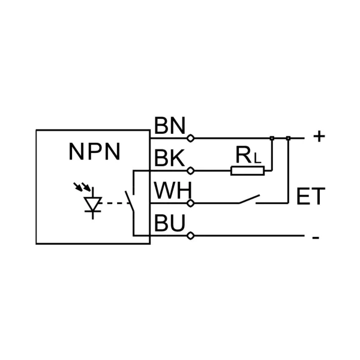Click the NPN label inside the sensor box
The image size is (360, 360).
click(94, 152)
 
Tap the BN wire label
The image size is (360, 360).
click(169, 127)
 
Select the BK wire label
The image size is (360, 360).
click(169, 158)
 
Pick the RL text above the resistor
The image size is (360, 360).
click(247, 156)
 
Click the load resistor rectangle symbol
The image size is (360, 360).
click(247, 171)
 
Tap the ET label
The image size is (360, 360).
click(311, 197)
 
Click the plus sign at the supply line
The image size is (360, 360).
click(319, 137)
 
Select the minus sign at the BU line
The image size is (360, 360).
click(316, 237)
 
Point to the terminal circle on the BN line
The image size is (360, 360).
click(191, 138)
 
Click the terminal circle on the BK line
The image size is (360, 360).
click(191, 171)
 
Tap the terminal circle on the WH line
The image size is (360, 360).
click(191, 203)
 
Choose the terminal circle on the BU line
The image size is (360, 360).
click(191, 236)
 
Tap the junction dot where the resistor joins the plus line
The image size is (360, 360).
click(272, 139)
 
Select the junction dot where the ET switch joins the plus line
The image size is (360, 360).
click(289, 139)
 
